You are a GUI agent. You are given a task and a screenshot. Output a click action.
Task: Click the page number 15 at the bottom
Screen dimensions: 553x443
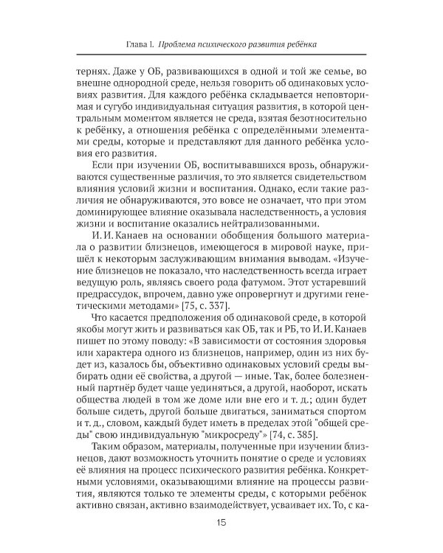click(x=221, y=524)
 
